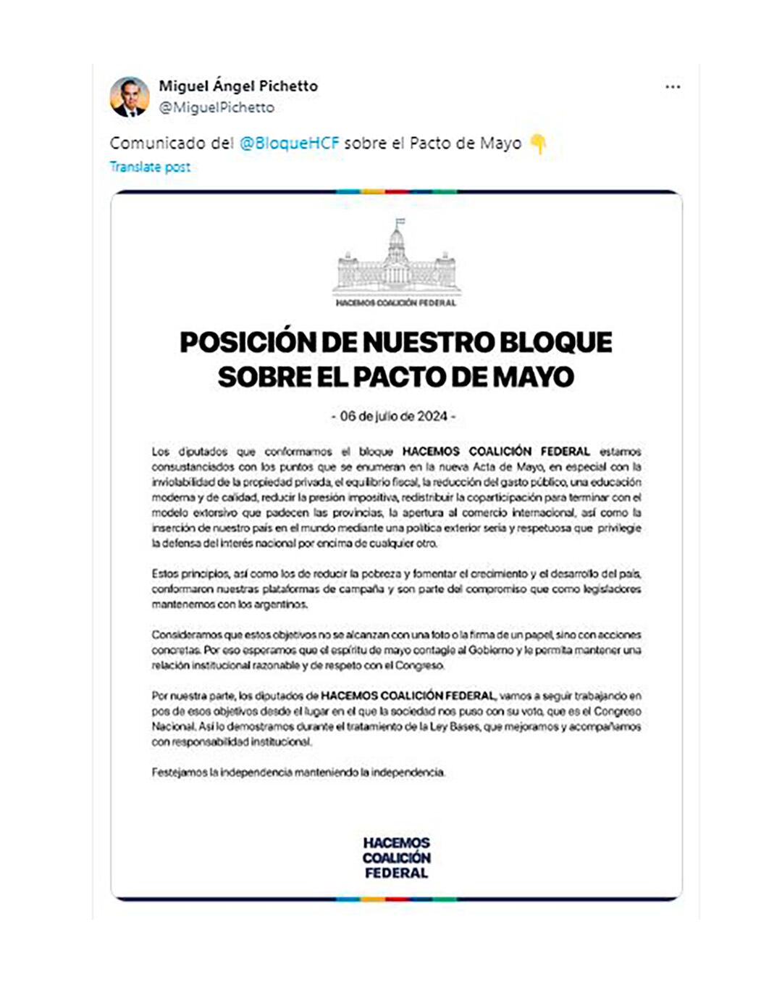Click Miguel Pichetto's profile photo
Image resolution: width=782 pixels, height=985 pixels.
point(130,96)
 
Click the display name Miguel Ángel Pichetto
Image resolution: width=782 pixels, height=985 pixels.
point(238,86)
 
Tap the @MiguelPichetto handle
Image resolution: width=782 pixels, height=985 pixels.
point(216,107)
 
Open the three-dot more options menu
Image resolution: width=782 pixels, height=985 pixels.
point(673,87)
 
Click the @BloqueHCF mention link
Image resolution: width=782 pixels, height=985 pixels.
point(289,143)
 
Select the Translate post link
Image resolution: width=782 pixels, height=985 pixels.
point(150,167)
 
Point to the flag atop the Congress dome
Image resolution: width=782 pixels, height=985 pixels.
point(400,223)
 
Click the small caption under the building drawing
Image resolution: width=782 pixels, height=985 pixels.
point(396,303)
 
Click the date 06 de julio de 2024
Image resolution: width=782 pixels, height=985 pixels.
point(394,416)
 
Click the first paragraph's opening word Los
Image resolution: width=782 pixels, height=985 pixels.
point(160,452)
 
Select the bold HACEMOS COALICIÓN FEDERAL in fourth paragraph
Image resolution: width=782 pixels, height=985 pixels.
point(408,696)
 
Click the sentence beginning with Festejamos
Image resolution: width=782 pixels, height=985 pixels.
point(298,773)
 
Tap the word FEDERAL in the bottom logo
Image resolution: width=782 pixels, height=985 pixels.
point(396,873)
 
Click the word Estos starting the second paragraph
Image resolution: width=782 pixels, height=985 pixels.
point(164,574)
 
